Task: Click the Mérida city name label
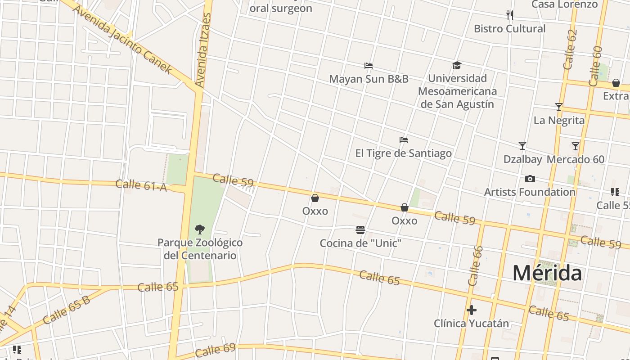click(x=547, y=273)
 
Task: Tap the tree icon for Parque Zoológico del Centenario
click(x=199, y=229)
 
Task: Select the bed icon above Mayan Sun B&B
click(x=369, y=66)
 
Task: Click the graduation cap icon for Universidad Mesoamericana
click(x=457, y=66)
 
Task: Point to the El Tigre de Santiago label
click(x=403, y=153)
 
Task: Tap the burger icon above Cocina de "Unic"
click(x=360, y=230)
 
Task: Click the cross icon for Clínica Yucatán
click(x=471, y=310)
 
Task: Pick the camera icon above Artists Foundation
click(x=530, y=179)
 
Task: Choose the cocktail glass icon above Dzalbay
click(x=522, y=146)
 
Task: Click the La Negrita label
click(x=559, y=121)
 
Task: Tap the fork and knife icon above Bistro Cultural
click(x=509, y=16)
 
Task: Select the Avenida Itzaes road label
click(x=203, y=50)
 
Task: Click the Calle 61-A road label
click(x=141, y=185)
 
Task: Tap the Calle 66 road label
click(x=475, y=266)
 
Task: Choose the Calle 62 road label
click(x=570, y=49)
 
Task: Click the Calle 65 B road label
click(x=67, y=310)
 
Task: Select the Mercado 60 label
click(x=576, y=159)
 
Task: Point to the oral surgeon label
click(x=280, y=8)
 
